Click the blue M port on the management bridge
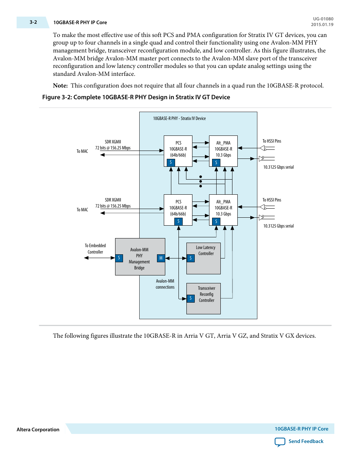point(161,258)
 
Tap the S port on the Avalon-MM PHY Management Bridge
point(119,258)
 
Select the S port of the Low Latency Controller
point(191,258)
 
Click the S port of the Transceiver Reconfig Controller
point(191,298)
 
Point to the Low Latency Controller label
point(206,250)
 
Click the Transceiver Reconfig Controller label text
point(206,294)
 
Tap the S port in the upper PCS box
point(171,163)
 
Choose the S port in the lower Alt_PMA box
point(216,221)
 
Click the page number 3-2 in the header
point(33,22)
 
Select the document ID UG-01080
point(323,19)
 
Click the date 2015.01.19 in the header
point(322,25)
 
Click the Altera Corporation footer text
point(38,429)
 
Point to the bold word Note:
point(60,86)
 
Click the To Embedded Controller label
point(95,249)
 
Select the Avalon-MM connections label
point(165,284)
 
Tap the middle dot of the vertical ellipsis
point(200,181)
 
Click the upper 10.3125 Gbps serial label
point(278,167)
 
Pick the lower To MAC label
point(82,209)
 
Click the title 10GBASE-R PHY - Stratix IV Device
point(179,118)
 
